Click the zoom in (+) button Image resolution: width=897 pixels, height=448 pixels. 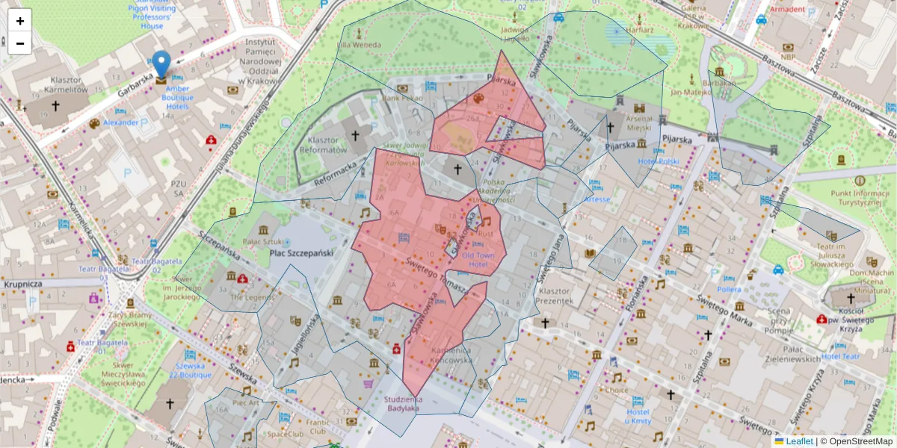pos(19,20)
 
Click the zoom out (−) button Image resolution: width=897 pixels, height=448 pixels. pos(19,43)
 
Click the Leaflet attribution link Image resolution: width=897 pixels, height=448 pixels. pos(798,441)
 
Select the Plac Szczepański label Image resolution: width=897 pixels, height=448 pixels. pos(300,254)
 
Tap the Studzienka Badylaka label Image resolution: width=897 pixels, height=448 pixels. pos(401,403)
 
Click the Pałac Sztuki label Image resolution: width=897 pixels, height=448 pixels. pos(262,241)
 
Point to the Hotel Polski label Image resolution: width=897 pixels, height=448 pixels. pos(659,161)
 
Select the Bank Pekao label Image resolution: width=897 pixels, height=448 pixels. pos(403,98)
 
